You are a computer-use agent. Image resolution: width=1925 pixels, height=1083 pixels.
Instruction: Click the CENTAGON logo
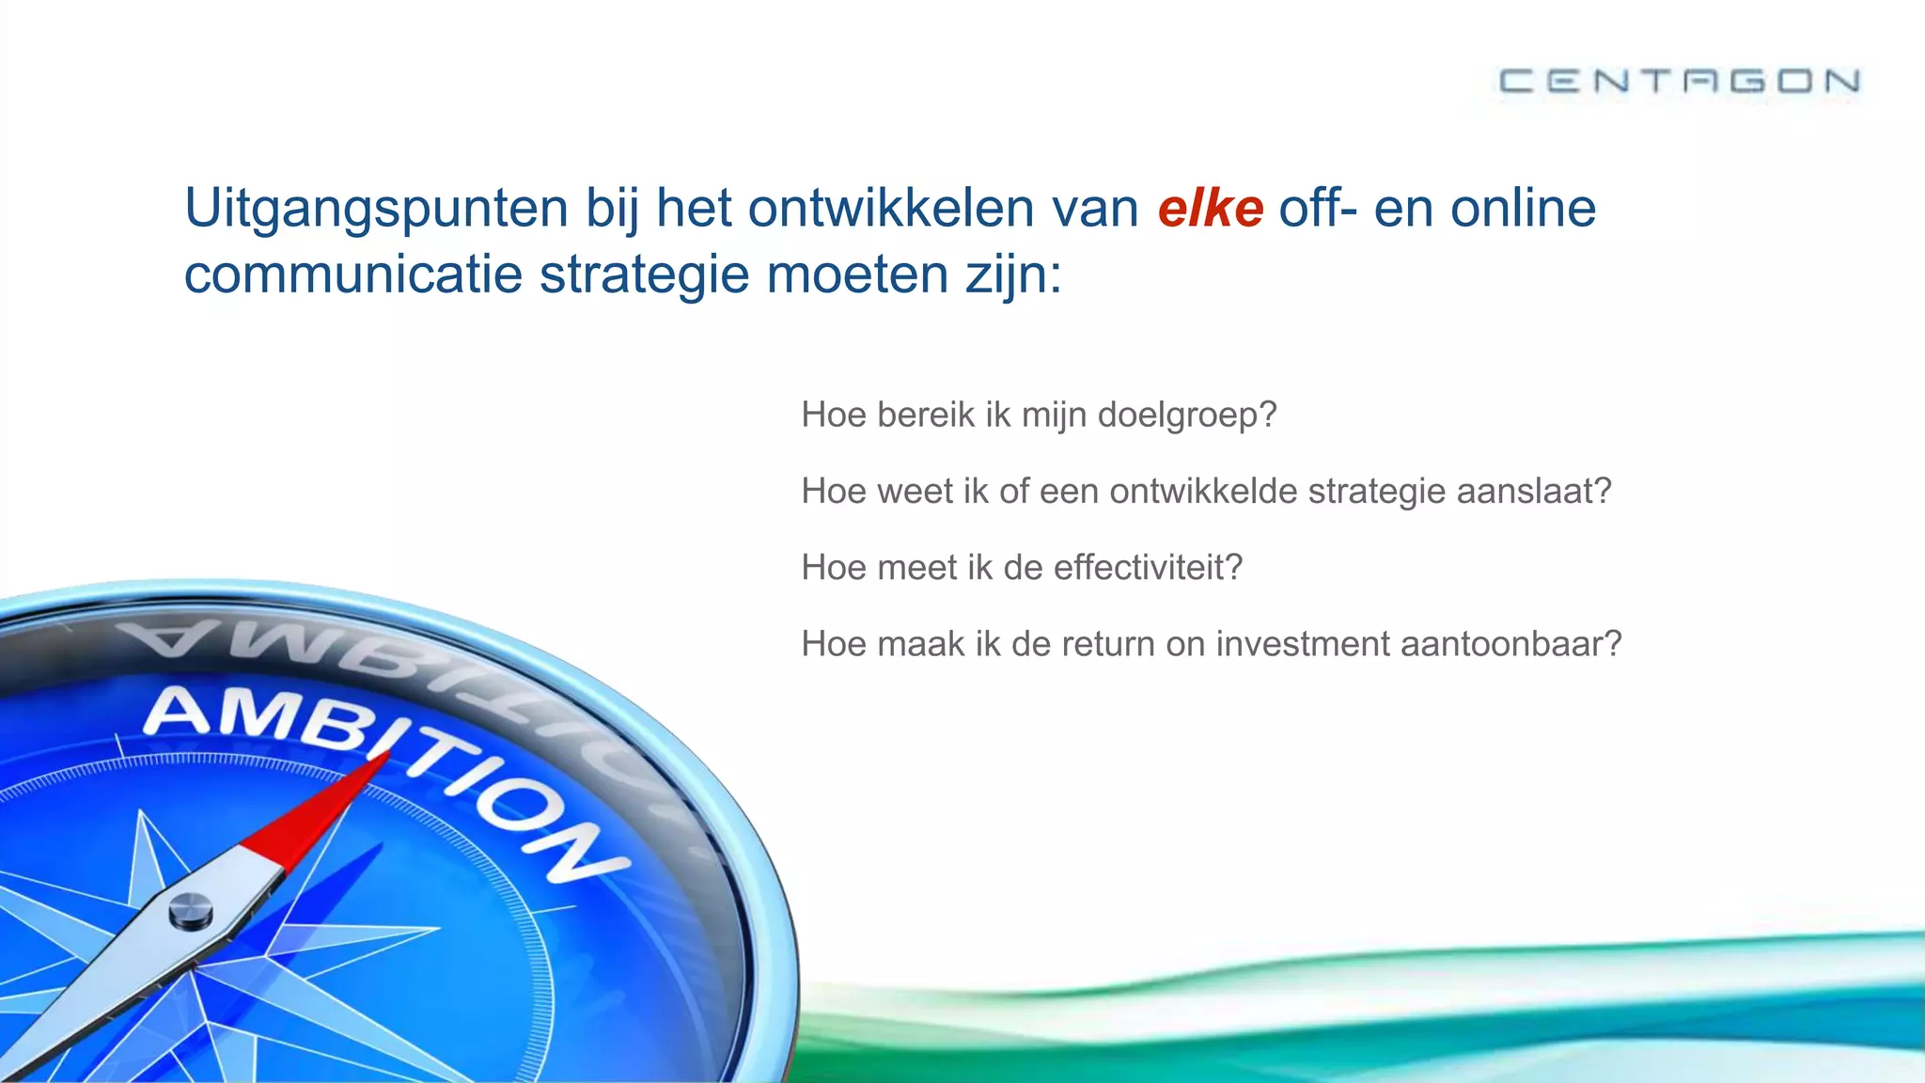pyautogui.click(x=1679, y=81)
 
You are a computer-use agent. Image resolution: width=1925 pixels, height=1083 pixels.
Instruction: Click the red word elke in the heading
pyautogui.click(x=1210, y=208)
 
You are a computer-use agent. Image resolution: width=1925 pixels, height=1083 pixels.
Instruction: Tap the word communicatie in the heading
pyautogui.click(x=352, y=275)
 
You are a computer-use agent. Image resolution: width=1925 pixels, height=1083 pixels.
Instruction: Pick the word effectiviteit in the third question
pyautogui.click(x=1147, y=567)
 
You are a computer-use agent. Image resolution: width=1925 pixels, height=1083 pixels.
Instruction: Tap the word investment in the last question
pyautogui.click(x=1303, y=644)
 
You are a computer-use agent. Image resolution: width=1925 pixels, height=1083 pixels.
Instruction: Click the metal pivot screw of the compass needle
pyautogui.click(x=190, y=910)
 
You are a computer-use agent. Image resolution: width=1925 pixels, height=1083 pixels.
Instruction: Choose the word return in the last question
pyautogui.click(x=1083, y=644)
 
